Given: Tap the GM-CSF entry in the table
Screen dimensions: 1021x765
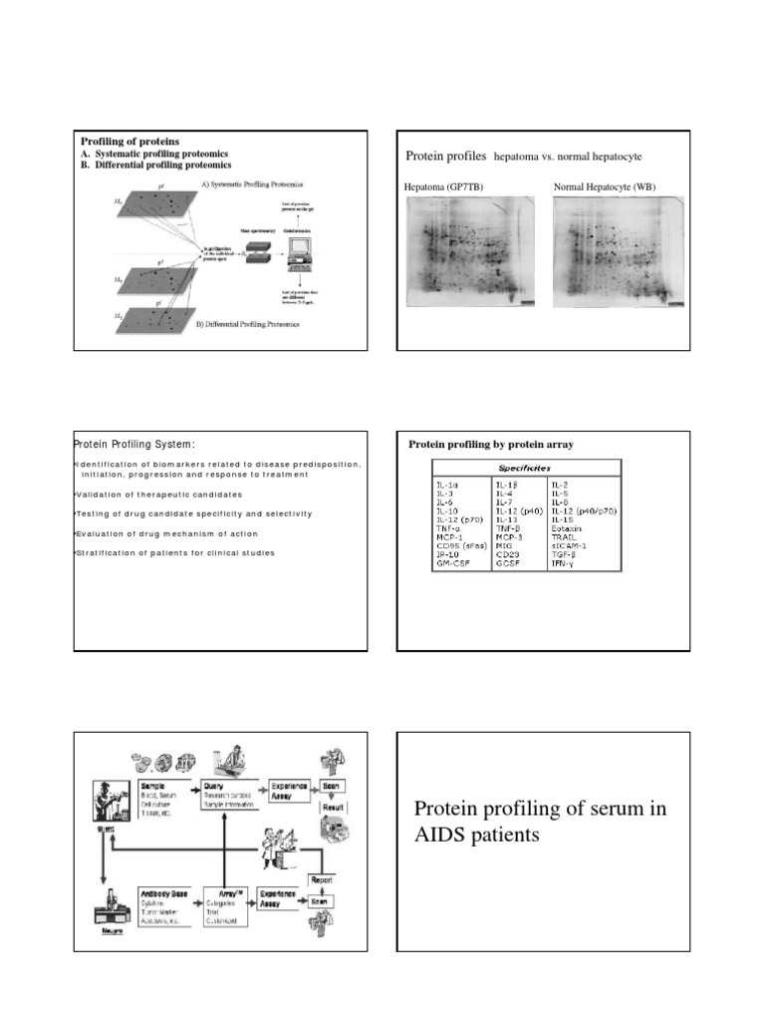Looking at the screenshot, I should [454, 563].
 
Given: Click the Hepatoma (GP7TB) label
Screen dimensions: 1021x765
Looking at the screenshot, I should [443, 186].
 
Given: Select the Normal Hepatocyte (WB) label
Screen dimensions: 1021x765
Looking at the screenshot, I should [605, 186].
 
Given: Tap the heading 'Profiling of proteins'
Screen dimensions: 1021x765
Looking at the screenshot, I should [129, 142].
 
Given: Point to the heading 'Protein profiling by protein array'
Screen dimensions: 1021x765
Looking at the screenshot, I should [492, 444].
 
